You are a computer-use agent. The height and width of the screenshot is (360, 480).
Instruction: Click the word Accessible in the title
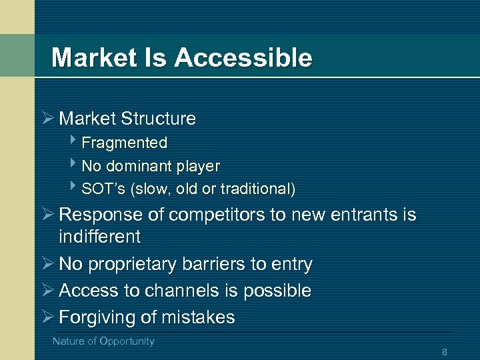[x=243, y=58]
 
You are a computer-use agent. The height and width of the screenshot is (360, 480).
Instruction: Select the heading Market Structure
[x=127, y=119]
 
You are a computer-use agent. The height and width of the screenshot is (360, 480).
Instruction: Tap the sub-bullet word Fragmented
[x=124, y=143]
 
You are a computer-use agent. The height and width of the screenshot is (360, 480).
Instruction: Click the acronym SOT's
[x=104, y=189]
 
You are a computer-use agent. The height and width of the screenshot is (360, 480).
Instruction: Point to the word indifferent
[x=99, y=237]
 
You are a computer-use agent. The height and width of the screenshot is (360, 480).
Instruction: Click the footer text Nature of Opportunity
[x=103, y=341]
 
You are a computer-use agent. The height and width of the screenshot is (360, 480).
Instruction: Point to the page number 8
[x=444, y=352]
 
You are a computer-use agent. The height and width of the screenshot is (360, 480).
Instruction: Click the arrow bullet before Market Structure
[x=46, y=119]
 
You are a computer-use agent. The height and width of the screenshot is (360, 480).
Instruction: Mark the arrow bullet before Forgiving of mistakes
[x=46, y=317]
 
